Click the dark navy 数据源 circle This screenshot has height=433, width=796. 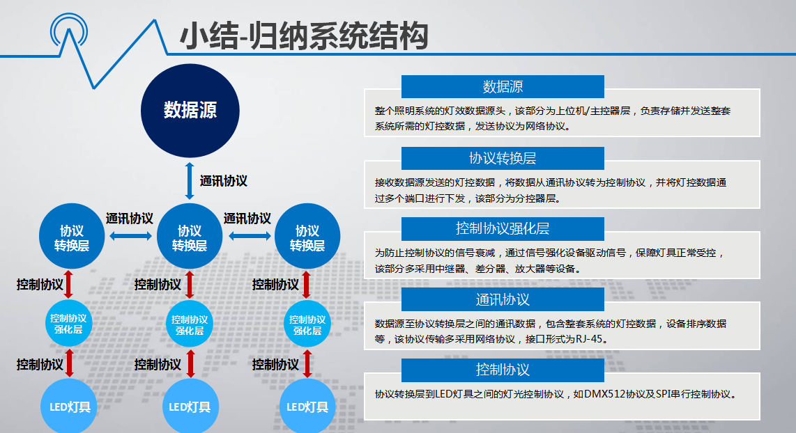point(190,111)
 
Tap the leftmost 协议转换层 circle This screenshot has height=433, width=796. point(72,236)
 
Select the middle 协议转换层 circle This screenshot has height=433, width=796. point(190,236)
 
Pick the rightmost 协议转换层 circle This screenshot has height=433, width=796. point(307,236)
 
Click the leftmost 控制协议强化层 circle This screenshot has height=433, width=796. point(68,324)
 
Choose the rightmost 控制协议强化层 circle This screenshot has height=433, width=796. point(307,324)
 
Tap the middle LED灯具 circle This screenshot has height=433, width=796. point(190,406)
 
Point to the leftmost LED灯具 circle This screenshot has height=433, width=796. point(68,406)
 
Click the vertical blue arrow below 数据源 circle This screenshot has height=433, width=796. point(190,180)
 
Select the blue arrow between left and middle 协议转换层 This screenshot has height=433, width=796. point(130,236)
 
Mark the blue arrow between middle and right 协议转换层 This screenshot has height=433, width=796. point(250,236)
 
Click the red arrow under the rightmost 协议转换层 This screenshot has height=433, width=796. point(306,285)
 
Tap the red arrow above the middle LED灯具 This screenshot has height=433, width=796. point(190,363)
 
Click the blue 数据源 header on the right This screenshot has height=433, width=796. point(503,87)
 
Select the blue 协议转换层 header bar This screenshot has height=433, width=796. point(503,158)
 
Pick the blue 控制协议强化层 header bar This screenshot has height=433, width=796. point(503,228)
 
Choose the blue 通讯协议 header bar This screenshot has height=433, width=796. point(503,299)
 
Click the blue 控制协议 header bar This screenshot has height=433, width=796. point(503,370)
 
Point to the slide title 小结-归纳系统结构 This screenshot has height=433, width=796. point(304,36)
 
